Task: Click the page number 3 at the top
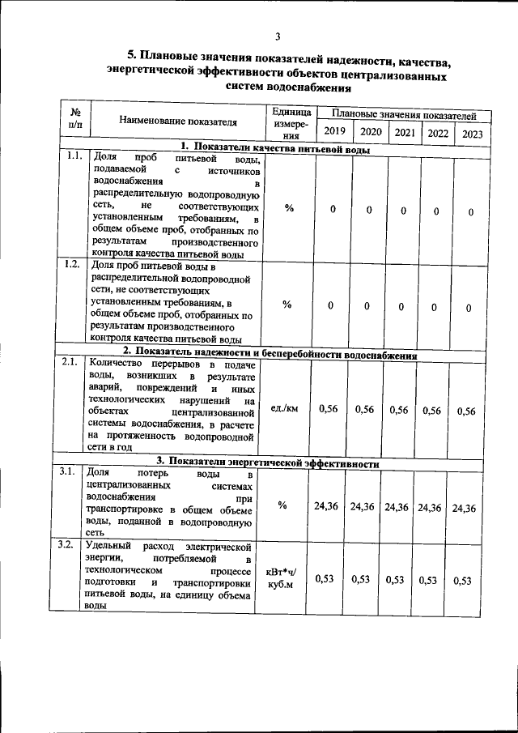coord(277,36)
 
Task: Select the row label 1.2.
coord(71,264)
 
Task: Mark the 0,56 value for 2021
coord(398,410)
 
